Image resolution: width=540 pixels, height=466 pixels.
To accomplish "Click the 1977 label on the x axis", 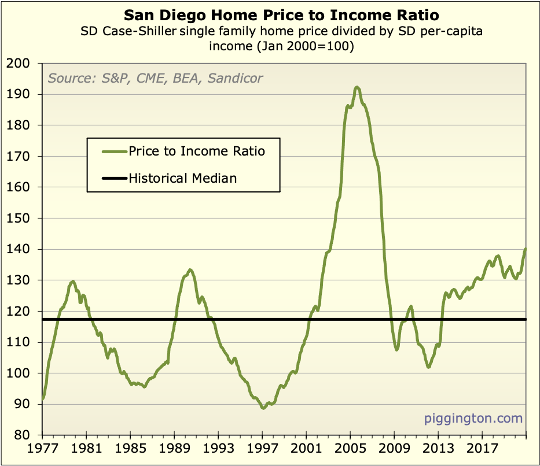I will (x=43, y=449).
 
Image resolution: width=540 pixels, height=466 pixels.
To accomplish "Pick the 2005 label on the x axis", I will (x=350, y=449).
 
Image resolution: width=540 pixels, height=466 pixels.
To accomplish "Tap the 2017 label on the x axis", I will (x=482, y=449).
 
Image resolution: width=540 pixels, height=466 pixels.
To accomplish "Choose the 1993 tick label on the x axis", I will (x=218, y=449).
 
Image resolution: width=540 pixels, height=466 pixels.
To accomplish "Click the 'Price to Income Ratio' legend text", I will (x=197, y=151).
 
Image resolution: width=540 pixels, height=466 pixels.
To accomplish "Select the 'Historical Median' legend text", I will (x=183, y=178).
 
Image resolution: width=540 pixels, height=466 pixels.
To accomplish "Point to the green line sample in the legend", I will (x=113, y=151).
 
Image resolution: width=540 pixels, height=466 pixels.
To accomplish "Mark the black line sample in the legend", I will (x=113, y=179).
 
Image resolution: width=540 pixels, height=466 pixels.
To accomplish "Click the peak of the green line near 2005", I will (x=357, y=87).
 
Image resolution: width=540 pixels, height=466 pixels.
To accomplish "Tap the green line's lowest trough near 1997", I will (x=263, y=408).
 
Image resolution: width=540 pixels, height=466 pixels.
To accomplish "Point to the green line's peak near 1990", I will (x=190, y=269).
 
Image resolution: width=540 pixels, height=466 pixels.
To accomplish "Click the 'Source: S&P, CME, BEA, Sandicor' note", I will (x=155, y=77).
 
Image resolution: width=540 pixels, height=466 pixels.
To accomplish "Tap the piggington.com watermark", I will (x=473, y=418).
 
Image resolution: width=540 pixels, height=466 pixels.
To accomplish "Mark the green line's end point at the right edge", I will (x=526, y=249).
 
